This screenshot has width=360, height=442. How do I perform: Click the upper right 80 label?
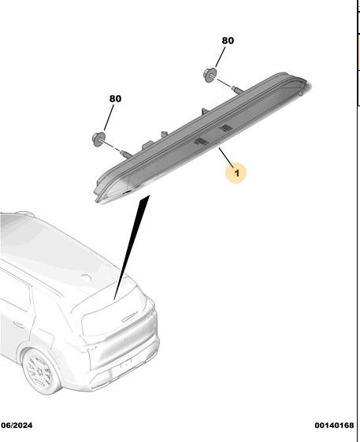228,41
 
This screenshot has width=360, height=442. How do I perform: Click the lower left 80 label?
115,98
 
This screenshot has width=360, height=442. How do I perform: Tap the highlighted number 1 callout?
236,173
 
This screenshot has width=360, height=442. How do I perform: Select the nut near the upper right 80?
210,76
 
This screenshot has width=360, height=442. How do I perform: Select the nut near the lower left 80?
98,139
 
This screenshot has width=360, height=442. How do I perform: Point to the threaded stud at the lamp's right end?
238,90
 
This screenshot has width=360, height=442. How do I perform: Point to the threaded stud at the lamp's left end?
126,154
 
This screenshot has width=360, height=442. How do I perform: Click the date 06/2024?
17,425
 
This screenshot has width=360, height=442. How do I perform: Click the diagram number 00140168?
334,425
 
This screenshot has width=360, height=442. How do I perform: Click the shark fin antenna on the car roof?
87,277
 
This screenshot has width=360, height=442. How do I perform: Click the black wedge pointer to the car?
132,247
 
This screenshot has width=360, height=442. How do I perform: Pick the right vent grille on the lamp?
226,128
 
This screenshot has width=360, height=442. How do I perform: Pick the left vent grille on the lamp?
202,142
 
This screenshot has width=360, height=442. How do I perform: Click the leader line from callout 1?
226,158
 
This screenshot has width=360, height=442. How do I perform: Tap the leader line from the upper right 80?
221,57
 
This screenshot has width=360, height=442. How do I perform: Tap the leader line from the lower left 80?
109,117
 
